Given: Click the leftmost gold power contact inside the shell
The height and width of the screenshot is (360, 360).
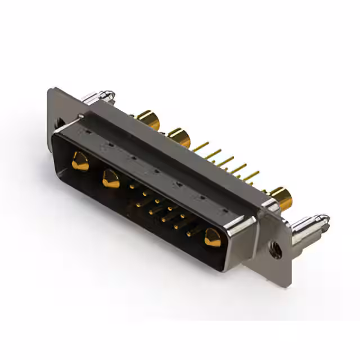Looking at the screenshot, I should point(80,161).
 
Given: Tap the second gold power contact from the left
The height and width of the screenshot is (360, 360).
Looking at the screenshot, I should point(111,179).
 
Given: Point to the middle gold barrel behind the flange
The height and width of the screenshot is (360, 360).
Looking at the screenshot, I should point(179,137).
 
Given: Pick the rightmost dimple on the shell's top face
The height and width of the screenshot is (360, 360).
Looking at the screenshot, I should point(226,212).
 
